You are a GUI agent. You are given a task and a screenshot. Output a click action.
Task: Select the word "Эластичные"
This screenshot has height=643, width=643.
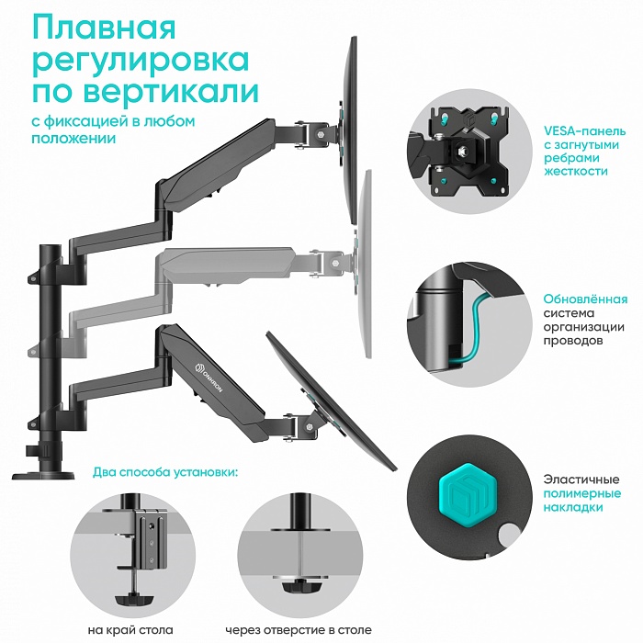point(579,479)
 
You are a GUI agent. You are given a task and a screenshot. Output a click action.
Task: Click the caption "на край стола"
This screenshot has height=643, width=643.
point(126,629)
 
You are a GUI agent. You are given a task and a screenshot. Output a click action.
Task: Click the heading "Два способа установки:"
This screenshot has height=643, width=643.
point(164,472)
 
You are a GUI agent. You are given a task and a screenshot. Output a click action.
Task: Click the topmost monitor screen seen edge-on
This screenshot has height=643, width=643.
point(352,129)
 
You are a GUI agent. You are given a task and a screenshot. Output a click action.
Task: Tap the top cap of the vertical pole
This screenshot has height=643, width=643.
point(48,248)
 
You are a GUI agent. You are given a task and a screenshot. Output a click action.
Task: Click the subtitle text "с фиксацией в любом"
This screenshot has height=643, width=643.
point(111,121)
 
